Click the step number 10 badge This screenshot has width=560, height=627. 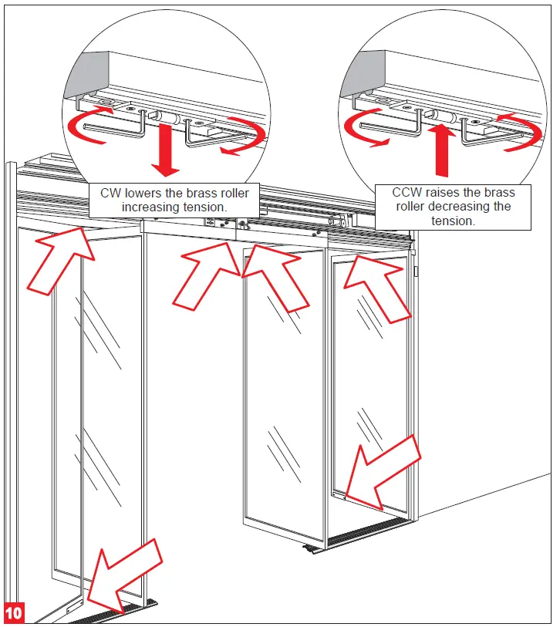[14, 612]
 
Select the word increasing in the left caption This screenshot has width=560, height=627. [153, 207]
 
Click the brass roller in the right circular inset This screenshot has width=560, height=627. [443, 116]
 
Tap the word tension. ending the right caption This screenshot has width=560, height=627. [453, 221]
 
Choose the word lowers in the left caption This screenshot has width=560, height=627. [147, 193]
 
